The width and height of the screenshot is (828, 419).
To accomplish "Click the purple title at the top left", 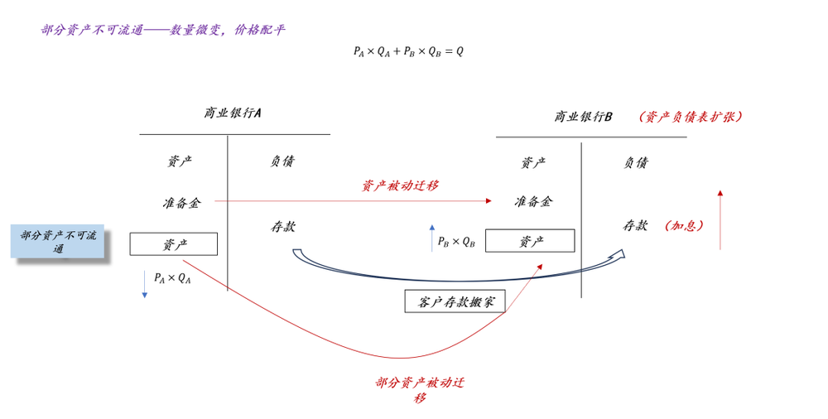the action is pos(162,30).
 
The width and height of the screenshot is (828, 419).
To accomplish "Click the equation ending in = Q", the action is pos(408,51).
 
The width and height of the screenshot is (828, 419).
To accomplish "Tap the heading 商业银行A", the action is pos(233,113).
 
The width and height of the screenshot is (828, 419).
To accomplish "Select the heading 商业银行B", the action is pos(583,116).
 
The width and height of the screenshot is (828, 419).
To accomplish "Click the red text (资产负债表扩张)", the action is pos(691,117).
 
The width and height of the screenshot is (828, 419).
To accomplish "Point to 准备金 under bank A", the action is pos(181,202).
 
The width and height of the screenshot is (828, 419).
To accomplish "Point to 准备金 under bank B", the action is pos(533,201).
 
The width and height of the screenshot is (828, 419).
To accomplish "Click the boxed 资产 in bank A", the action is pos(174,244).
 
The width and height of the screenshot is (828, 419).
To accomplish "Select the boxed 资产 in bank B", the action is pos(530,241).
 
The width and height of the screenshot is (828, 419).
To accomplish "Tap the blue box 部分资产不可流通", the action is pos(58,242).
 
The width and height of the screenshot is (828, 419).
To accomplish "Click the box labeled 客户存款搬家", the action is pos(455,301).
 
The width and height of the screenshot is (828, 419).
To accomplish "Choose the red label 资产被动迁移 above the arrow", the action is pos(400,185).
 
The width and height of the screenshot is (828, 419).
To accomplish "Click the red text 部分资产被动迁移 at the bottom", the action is pos(420,390).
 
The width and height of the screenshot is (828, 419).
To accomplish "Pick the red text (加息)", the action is pos(685,225).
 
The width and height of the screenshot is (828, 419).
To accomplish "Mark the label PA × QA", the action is pos(172,278).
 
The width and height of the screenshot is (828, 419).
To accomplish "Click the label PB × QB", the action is pos(456,242).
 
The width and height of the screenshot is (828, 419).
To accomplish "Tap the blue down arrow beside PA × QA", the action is pos(144,284).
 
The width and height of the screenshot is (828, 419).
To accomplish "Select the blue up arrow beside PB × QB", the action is pos(432,238).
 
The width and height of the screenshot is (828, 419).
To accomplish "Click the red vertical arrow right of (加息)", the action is pos(720,219).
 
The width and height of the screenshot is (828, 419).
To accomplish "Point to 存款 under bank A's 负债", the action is pos(283,227).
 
